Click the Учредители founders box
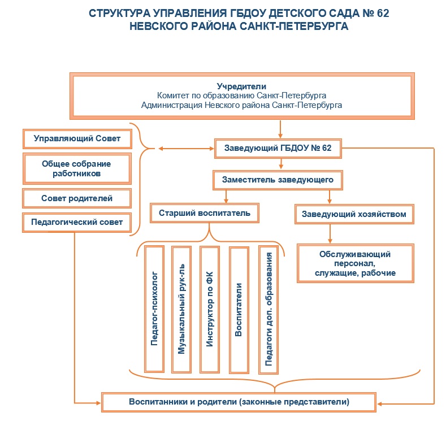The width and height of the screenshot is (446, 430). tap(241, 96)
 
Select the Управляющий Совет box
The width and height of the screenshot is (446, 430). tap(77, 138)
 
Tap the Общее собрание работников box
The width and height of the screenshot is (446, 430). tap(77, 168)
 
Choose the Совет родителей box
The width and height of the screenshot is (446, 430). tap(77, 198)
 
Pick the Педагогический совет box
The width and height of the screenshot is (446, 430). tap(77, 223)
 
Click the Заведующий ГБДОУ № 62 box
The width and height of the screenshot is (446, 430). tap(278, 149)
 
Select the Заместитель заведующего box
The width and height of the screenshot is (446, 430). tap(278, 180)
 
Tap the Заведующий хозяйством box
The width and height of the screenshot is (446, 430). tap(354, 215)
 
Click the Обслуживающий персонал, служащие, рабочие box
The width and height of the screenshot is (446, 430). tap(356, 263)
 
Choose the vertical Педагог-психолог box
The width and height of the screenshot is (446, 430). tap(154, 309)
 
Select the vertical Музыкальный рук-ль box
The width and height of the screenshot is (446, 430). tap(181, 309)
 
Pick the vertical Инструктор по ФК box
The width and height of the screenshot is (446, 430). tap(209, 309)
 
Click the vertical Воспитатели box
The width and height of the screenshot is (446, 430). tap(239, 309)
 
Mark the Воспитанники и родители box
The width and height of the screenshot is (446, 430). tap(239, 402)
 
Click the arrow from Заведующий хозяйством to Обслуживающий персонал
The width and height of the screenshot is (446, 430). tap(330, 233)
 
